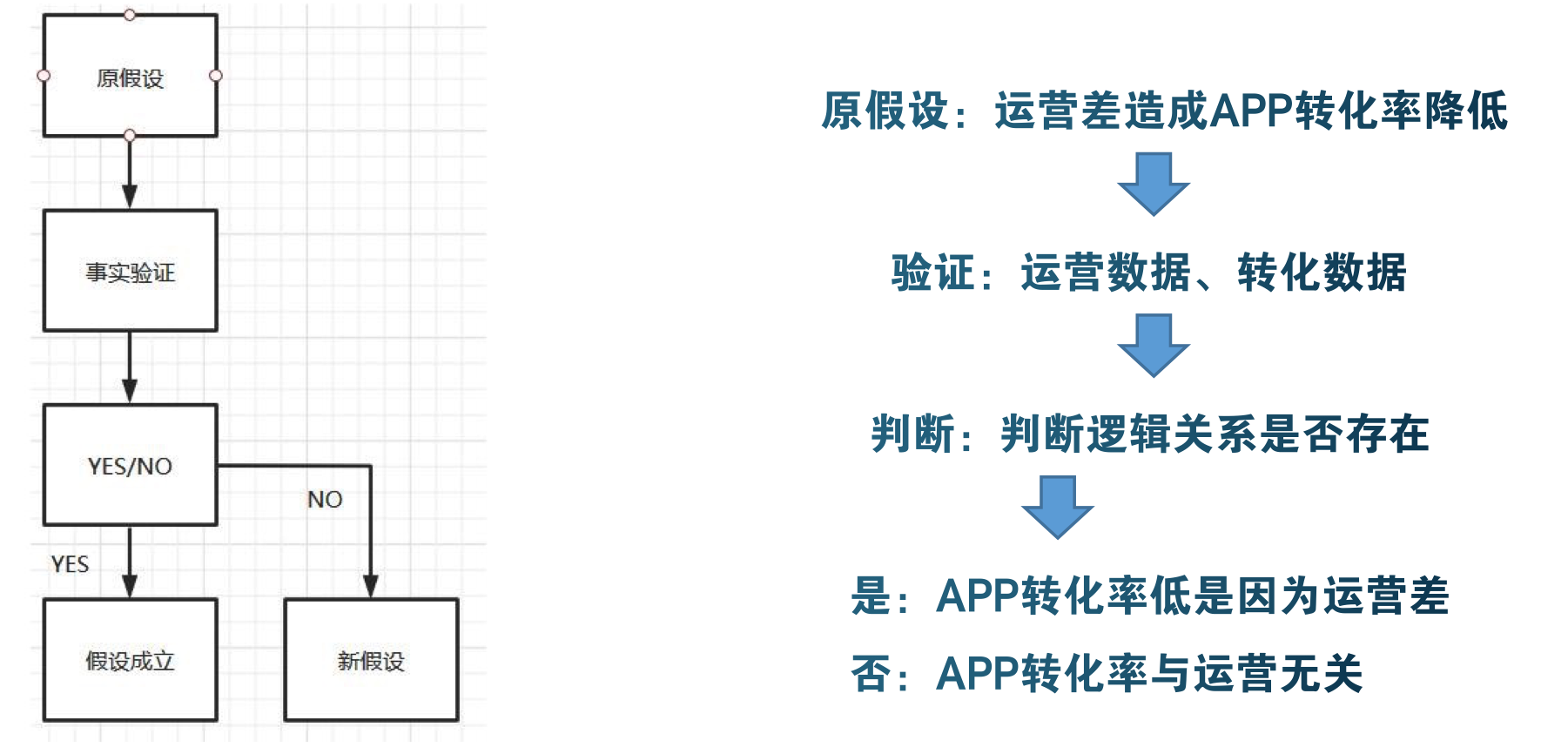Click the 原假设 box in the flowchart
[130, 78]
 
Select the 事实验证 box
[130, 272]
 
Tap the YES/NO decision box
[130, 466]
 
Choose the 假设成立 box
[130, 661]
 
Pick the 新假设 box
[371, 661]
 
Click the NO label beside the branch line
[325, 500]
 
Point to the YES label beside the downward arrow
[70, 564]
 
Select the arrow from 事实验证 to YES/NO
[130, 367]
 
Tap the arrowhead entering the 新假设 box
[371, 586]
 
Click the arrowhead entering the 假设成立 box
[130, 586]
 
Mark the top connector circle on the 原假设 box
[130, 15]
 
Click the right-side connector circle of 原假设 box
[216, 76]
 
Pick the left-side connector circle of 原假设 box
[44, 76]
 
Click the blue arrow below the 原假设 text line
[1154, 184]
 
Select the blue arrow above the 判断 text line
[1154, 346]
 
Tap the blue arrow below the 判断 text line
[1057, 507]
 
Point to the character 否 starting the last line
[871, 674]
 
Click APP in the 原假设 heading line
[1252, 111]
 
